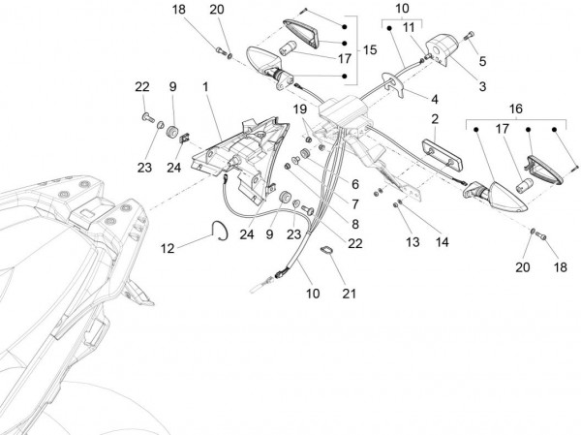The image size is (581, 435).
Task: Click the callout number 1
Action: (206, 88)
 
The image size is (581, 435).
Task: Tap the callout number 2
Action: (436, 119)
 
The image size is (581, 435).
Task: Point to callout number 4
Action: (435, 99)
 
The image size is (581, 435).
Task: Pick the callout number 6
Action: (354, 183)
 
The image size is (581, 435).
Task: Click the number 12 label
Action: (168, 249)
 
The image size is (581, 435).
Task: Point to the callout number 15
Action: (370, 49)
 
